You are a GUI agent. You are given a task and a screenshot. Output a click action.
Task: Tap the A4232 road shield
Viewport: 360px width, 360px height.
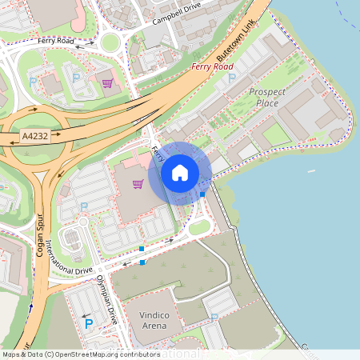(x=34, y=138)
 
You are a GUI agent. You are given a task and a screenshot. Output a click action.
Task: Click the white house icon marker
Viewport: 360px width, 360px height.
(x=180, y=172)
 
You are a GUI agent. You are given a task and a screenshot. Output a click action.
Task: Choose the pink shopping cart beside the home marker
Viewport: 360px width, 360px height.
(x=138, y=184)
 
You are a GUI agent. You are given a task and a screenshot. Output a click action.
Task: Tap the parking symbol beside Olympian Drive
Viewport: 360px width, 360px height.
(x=89, y=323)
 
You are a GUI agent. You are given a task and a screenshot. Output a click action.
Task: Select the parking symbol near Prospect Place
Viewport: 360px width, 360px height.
(x=232, y=78)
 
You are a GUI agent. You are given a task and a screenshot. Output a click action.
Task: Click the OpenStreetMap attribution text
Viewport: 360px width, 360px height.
(x=80, y=354)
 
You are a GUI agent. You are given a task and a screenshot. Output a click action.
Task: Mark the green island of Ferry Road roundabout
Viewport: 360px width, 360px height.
(x=110, y=42)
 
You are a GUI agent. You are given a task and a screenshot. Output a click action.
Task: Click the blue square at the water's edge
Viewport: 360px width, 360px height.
(x=202, y=194)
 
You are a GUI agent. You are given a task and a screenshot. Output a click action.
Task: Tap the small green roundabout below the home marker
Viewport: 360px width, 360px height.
(x=199, y=226)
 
